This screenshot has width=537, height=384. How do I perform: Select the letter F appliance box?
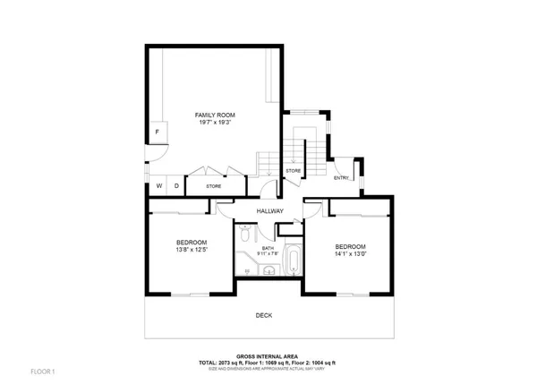coord(157,132)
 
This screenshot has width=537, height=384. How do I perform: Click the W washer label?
coord(159,186)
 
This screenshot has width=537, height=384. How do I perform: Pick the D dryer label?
coord(176,186)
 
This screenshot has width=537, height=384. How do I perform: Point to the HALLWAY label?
coord(269,211)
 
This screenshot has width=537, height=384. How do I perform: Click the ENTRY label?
coord(341,178)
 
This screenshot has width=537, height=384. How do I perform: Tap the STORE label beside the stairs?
coord(293,170)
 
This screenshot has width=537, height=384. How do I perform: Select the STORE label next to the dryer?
coord(214,186)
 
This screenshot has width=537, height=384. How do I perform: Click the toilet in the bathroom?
coord(244,236)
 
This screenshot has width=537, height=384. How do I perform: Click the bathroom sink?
coord(268,272)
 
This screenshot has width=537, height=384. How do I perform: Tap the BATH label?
coord(268,248)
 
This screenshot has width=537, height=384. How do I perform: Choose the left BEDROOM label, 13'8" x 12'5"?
coord(192,243)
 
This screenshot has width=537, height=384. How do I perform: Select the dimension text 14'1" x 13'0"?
coord(350,254)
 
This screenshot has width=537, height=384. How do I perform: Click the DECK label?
coord(263,315)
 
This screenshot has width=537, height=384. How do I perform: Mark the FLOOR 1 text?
coord(42,371)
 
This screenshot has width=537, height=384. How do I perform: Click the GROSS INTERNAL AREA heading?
coord(267,354)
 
